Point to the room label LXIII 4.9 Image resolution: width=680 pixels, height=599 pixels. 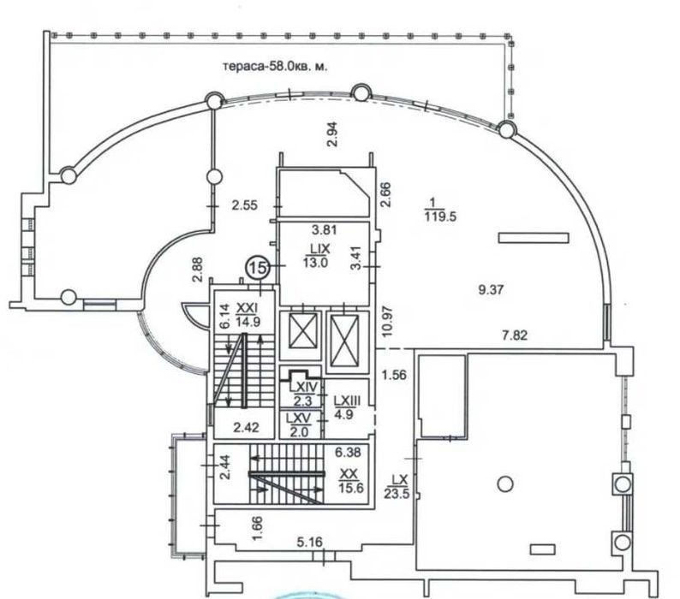(x=347, y=406)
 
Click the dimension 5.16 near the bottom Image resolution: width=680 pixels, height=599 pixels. (x=311, y=543)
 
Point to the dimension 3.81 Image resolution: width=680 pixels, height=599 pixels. (x=323, y=230)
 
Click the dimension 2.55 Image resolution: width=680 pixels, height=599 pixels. (x=245, y=205)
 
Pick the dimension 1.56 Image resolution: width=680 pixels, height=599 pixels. (x=394, y=374)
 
